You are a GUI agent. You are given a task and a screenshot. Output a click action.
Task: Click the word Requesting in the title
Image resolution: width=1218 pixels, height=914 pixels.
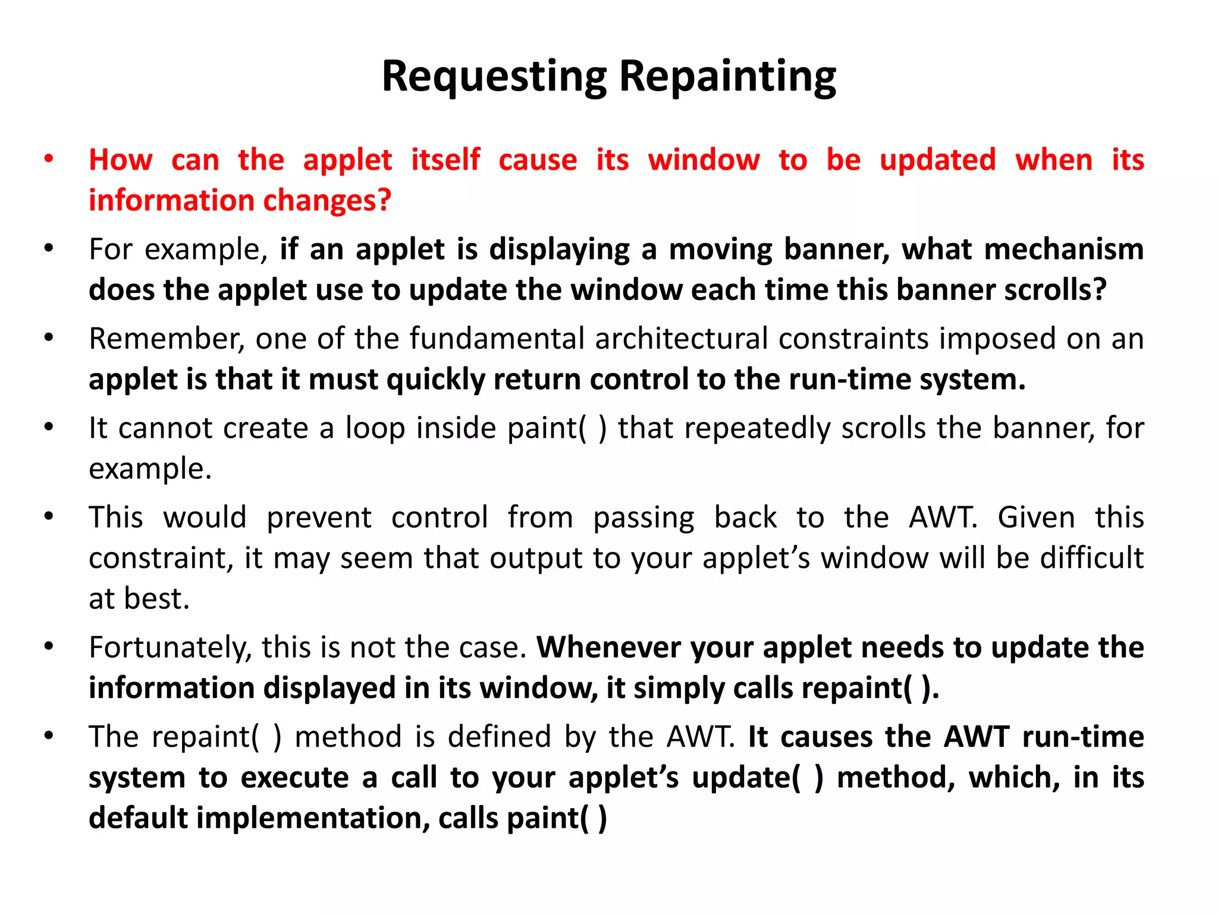(x=494, y=77)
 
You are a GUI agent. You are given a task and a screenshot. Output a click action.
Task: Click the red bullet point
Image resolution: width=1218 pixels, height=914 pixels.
(x=49, y=159)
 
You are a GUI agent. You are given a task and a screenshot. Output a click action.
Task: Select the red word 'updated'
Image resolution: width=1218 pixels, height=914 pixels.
(x=938, y=161)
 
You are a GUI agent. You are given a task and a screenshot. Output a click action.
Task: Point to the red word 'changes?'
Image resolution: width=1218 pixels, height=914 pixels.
(x=327, y=201)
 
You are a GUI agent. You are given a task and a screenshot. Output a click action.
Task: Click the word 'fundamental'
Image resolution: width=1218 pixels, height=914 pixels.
(x=497, y=339)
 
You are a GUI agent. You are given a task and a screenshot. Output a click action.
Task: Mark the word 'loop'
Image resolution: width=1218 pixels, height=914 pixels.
(x=375, y=429)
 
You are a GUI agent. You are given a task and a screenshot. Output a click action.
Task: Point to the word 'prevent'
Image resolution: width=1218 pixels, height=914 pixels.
(x=319, y=518)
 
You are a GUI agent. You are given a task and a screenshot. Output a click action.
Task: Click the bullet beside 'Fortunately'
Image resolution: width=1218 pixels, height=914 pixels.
(x=49, y=646)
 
